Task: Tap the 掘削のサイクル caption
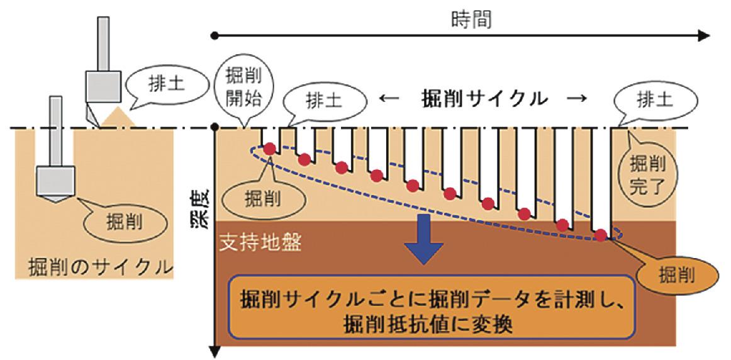point(100,266)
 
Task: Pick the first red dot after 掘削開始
point(270,149)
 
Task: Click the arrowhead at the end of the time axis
point(703,35)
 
